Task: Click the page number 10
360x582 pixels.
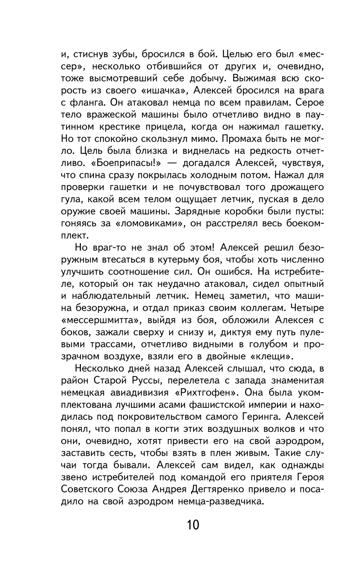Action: (x=193, y=525)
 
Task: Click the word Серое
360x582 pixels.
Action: (x=310, y=103)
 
